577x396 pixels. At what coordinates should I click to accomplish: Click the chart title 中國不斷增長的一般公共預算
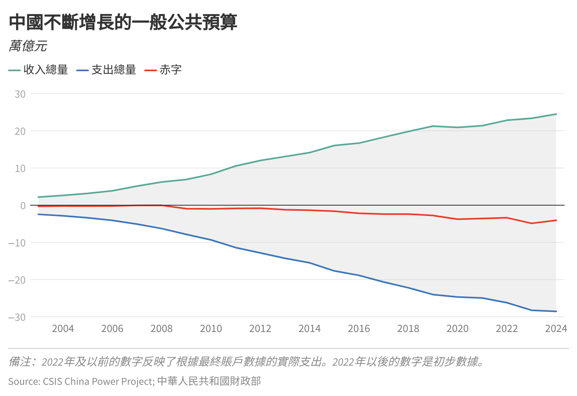123,22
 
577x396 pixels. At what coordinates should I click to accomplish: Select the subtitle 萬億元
28,46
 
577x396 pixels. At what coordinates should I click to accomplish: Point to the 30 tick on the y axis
20,94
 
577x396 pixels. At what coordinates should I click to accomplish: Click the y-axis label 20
20,131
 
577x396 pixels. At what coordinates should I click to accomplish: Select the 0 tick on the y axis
23,206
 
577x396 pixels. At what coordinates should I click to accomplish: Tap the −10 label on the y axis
17,243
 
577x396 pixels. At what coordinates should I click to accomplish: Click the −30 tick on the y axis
17,317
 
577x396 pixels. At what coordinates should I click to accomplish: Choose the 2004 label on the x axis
63,329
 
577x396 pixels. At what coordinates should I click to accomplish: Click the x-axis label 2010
211,329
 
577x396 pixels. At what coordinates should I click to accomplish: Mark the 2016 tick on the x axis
359,329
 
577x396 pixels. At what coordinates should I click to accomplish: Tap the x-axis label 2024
556,329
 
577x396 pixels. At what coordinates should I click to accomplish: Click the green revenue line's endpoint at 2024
556,114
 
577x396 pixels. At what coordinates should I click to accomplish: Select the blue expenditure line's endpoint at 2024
556,311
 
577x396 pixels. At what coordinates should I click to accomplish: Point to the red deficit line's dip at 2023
531,223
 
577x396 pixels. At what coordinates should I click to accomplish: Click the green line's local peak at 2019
433,126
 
